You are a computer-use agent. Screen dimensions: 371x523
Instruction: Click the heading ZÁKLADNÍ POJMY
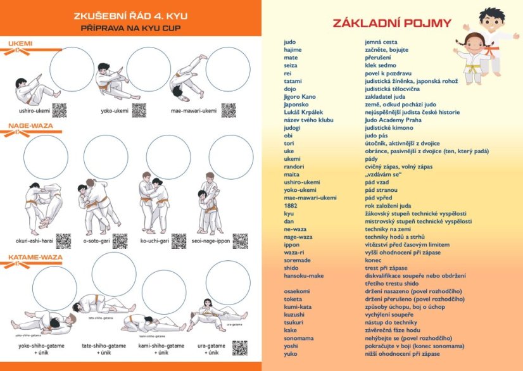(x=392, y=23)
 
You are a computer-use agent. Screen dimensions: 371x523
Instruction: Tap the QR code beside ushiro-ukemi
(x=59, y=110)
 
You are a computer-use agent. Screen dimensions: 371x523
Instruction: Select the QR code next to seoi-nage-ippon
(x=239, y=241)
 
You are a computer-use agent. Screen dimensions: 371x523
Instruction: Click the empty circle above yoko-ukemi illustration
(x=148, y=69)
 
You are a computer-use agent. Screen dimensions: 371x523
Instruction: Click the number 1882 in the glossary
(x=291, y=205)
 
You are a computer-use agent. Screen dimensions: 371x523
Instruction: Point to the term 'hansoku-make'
(x=304, y=275)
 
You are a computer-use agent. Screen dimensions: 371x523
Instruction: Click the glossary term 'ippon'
(x=292, y=244)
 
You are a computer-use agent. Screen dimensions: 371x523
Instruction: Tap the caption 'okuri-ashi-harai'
(x=35, y=241)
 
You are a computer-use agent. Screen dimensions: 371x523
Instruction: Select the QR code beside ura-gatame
(x=239, y=348)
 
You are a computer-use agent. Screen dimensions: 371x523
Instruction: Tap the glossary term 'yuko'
(x=291, y=353)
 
